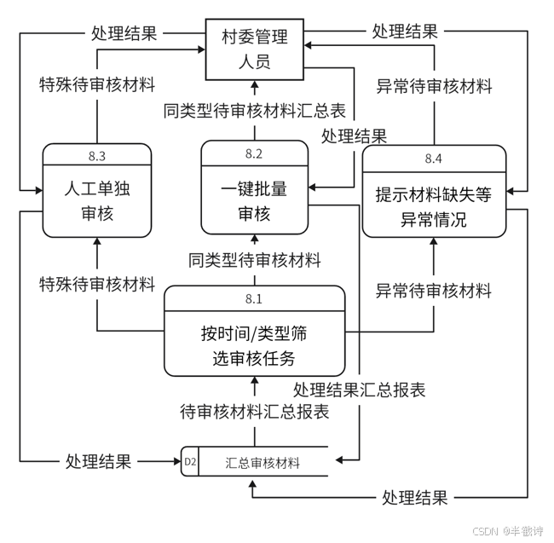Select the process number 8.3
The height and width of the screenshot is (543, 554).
96,156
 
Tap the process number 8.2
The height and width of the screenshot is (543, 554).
254,153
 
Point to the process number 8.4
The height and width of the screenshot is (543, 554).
434,159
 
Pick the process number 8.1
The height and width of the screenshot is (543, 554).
254,299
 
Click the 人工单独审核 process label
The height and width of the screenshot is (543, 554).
96,201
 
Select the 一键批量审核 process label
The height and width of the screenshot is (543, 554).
254,199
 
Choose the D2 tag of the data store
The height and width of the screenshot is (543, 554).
190,463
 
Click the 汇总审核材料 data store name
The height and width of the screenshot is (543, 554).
263,464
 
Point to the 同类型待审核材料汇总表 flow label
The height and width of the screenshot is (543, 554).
255,110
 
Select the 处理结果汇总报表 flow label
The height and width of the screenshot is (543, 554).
359,390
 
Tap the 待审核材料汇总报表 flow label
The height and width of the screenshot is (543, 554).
255,412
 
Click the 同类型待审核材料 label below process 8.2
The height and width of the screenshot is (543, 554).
255,259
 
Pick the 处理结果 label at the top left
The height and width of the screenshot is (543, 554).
124,33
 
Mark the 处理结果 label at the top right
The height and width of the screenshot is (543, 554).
405,32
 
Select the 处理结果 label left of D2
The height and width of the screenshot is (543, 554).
99,462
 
